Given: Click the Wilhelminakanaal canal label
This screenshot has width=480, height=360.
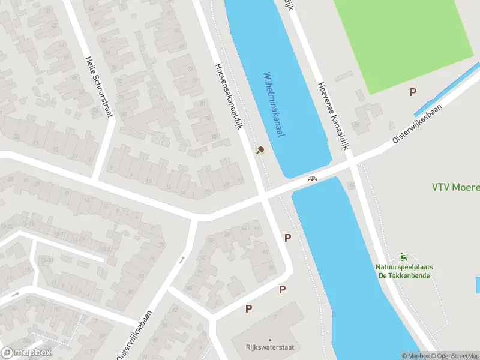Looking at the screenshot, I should point(273,105).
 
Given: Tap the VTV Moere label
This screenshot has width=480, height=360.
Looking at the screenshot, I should point(456,188).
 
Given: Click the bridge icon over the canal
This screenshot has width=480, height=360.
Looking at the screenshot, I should point(312,179).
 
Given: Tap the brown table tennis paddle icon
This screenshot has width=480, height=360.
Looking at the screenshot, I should point(260,150).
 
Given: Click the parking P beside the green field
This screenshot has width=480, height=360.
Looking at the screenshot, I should point(413,92).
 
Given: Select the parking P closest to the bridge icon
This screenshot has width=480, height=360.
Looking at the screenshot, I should point(287,238).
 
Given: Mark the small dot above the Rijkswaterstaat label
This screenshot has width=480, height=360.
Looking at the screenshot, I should point(269,340).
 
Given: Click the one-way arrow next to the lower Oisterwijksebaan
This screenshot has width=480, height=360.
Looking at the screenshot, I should point(181,260).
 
